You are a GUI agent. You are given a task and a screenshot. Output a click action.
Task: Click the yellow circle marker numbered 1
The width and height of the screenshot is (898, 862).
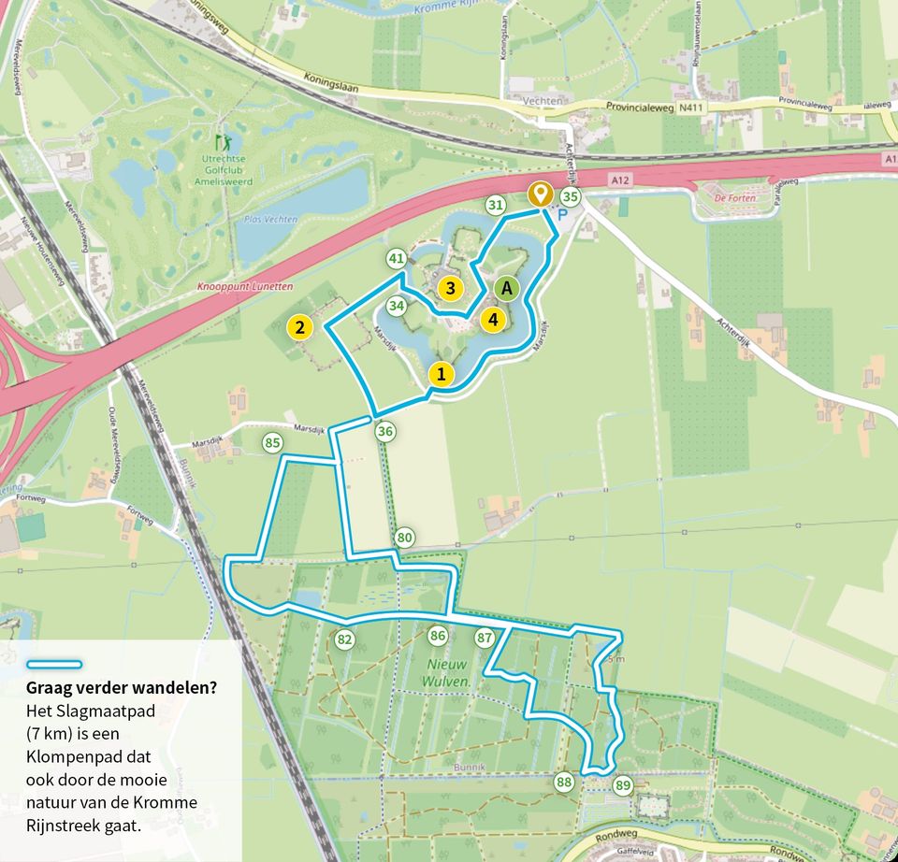[x=442, y=375]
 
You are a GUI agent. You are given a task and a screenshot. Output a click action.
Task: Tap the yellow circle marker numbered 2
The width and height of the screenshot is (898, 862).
[x=299, y=327]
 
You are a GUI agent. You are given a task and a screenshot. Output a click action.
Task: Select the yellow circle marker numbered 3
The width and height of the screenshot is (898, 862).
[x=450, y=288]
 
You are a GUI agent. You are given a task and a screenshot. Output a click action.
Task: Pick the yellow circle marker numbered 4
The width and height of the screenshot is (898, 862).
[x=493, y=319]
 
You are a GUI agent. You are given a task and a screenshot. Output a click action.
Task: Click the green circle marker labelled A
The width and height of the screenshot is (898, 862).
[x=507, y=288]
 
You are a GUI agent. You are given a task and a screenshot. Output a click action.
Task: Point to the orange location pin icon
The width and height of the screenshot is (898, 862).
[x=539, y=194]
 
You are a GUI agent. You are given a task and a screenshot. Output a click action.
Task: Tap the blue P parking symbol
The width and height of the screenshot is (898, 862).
[x=562, y=214]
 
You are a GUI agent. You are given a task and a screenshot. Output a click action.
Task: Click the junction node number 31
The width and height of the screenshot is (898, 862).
[x=496, y=205]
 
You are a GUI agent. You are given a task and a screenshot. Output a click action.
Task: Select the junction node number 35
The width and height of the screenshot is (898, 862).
[x=570, y=196]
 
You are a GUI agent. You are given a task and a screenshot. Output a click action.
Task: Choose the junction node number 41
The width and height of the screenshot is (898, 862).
[x=397, y=258]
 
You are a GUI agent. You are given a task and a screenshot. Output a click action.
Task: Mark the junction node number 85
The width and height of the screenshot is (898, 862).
[x=272, y=442]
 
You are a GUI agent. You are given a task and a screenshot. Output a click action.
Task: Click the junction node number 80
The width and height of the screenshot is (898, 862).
[x=404, y=538]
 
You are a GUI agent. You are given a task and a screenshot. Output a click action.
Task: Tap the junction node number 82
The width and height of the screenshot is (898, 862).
[x=345, y=639]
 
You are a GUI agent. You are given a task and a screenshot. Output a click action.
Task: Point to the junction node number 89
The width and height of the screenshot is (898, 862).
[x=623, y=785]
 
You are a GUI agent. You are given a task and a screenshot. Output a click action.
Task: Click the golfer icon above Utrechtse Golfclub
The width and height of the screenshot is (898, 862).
[x=222, y=143]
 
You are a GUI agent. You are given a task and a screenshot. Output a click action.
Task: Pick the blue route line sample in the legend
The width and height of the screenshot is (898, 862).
[x=55, y=665]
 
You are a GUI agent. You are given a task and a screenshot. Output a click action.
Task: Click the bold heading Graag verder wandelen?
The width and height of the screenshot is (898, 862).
[x=122, y=688]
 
